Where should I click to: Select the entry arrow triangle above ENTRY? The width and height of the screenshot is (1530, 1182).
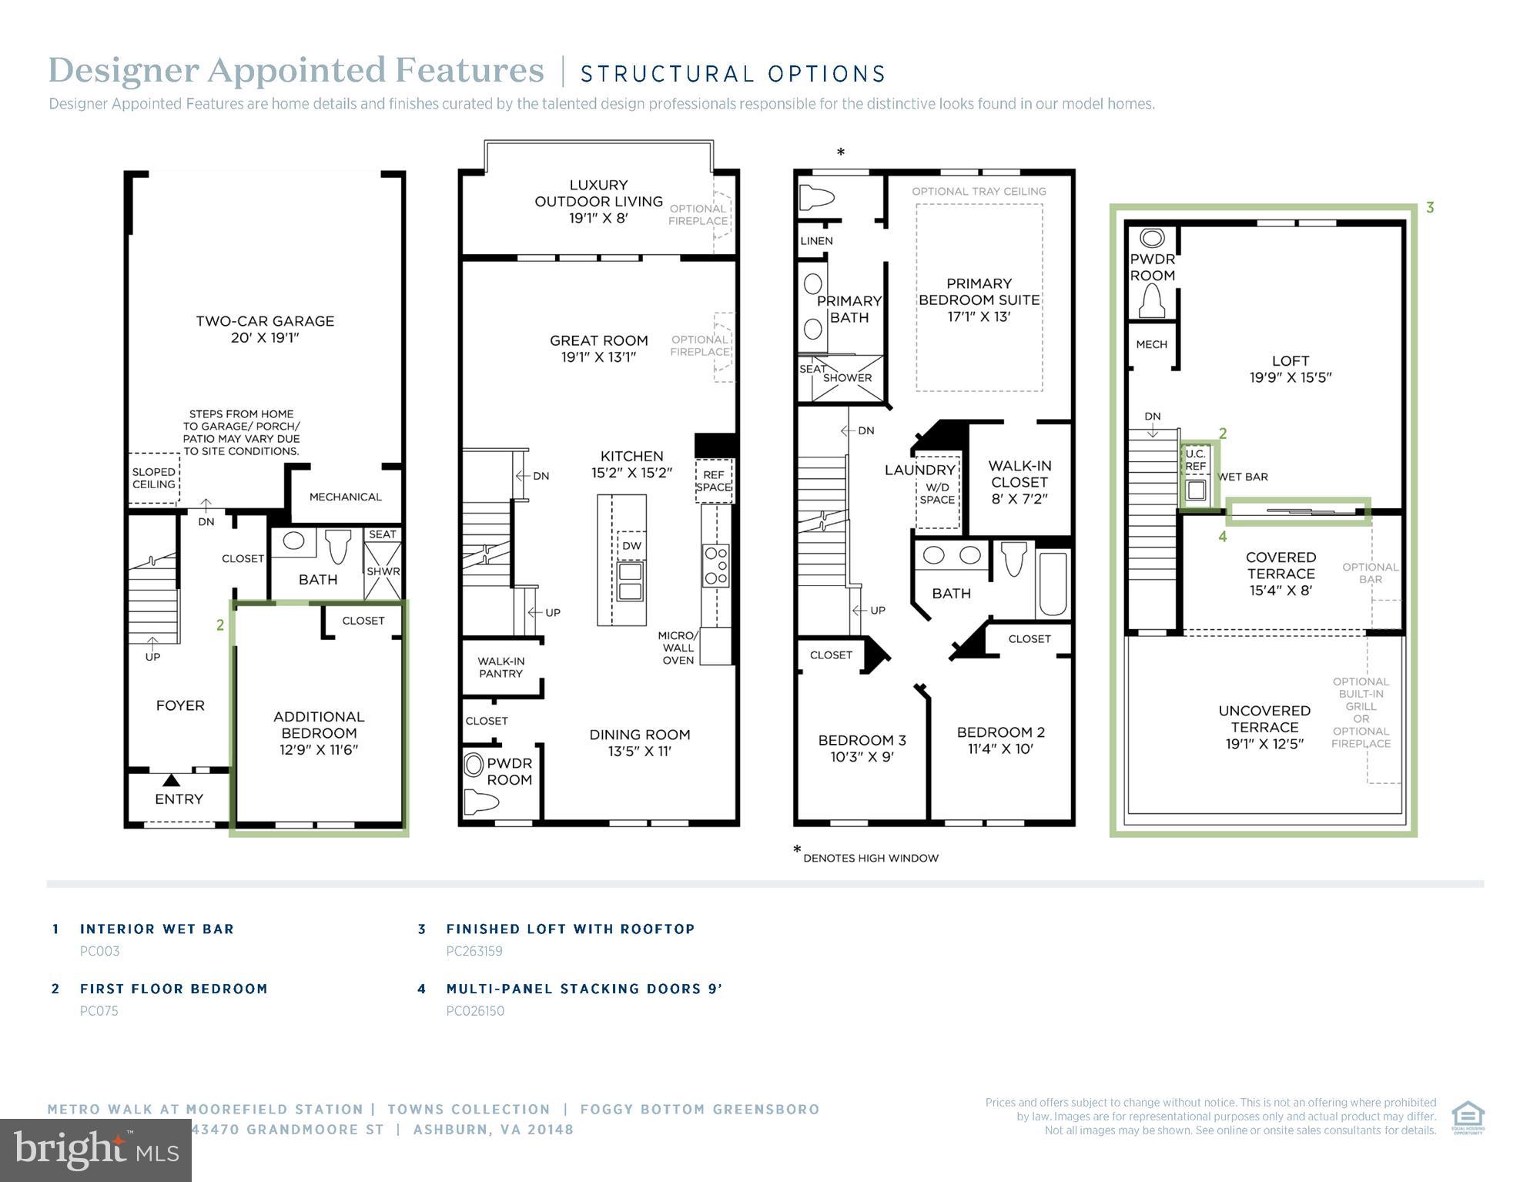172,781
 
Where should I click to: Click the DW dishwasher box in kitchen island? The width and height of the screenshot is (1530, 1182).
631,545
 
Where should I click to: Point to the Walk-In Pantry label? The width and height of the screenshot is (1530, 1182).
501,667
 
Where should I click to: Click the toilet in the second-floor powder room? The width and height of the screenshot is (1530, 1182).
483,803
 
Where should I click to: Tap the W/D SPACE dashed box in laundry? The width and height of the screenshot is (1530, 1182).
937,494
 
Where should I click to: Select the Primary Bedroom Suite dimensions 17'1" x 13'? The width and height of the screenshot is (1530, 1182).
979,316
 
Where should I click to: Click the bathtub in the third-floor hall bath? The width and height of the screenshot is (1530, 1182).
1052,583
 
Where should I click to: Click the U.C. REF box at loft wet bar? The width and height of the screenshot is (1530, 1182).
1195,460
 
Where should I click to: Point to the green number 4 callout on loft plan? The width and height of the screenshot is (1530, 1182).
1223,537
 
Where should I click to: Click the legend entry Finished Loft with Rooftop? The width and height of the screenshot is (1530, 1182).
570,929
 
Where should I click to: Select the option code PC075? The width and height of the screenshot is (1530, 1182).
99,1011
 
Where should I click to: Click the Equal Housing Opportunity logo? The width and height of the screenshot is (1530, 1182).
1468,1117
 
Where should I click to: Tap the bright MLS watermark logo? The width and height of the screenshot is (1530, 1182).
95,1150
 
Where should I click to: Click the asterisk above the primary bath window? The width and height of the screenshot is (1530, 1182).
841,152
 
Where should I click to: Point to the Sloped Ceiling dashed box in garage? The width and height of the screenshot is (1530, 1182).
154,477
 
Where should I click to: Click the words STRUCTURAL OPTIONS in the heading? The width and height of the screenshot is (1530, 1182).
733,74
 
